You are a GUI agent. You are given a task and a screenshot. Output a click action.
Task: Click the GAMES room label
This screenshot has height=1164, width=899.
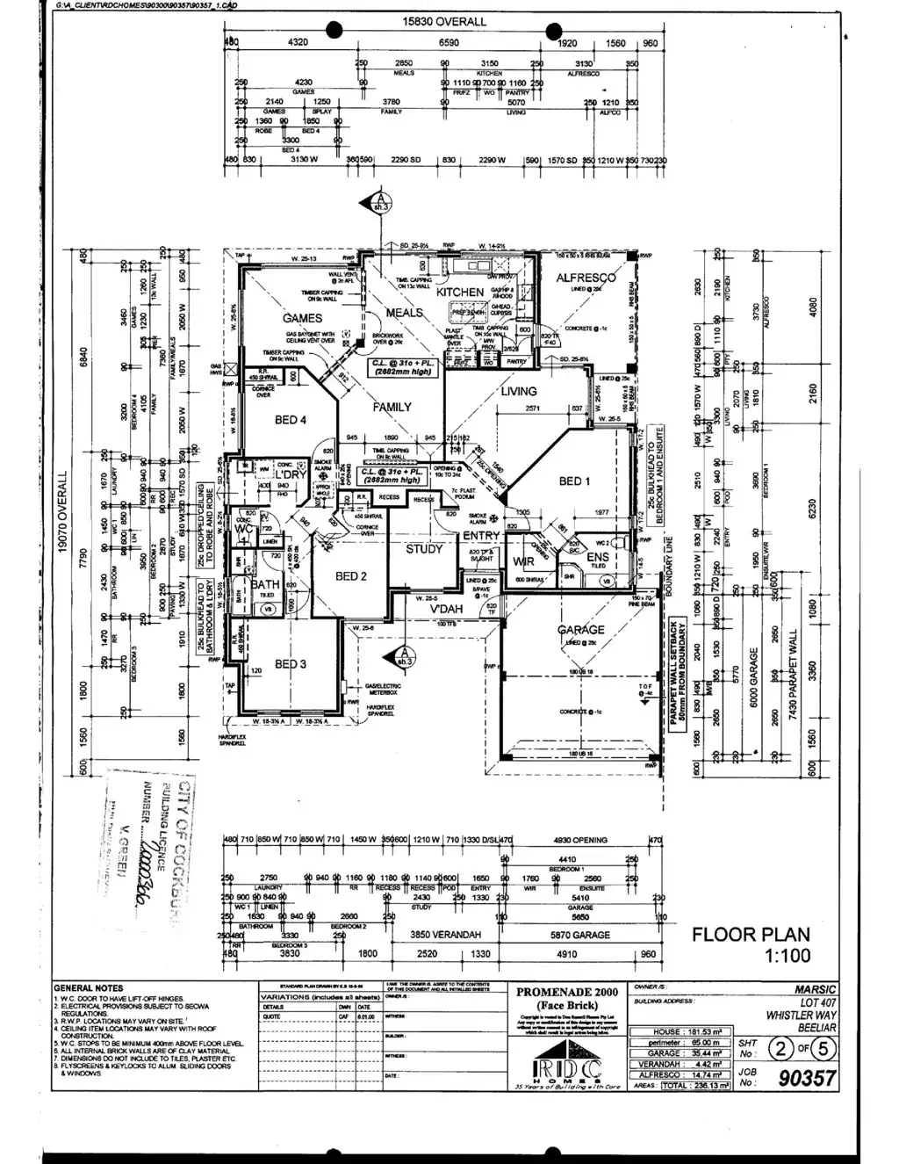[302, 318]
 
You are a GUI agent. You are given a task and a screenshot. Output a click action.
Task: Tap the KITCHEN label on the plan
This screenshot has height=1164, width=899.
[460, 292]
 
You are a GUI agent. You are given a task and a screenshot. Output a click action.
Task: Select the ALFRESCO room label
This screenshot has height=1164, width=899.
[586, 278]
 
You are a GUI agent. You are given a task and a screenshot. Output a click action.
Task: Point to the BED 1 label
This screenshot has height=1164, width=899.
[574, 481]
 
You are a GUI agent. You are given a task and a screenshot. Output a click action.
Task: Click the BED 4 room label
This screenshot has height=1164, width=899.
[291, 420]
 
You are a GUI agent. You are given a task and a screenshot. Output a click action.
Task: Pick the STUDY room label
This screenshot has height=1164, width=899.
[424, 549]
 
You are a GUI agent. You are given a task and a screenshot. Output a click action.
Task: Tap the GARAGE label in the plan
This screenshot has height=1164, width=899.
[580, 630]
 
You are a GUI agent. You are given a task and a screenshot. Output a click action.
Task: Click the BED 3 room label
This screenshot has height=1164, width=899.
[291, 664]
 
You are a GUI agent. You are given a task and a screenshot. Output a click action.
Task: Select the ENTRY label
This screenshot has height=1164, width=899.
[481, 535]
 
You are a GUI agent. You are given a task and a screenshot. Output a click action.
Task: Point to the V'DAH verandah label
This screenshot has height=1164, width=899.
[446, 609]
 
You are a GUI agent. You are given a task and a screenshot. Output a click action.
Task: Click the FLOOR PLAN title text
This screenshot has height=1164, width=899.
[751, 935]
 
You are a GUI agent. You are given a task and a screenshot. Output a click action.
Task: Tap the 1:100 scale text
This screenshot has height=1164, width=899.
[788, 956]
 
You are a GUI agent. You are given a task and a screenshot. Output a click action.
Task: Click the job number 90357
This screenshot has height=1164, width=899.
[808, 1078]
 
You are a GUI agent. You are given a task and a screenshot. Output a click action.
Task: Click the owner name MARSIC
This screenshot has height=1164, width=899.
[816, 989]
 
